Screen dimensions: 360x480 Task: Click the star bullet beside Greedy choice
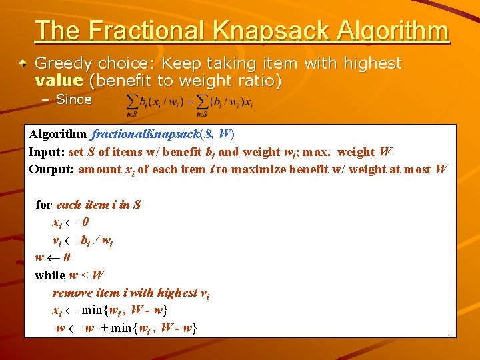point(23,64)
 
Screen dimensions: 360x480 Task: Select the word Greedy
point(63,64)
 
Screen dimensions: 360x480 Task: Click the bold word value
point(59,81)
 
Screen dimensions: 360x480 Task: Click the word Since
point(73,100)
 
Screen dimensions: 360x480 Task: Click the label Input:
point(47,152)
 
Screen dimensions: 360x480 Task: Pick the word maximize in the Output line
point(267,169)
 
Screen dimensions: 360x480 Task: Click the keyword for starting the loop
point(44,205)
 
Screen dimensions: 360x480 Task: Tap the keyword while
point(50,275)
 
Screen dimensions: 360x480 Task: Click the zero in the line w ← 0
point(67,257)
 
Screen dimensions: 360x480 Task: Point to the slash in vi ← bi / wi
point(97,240)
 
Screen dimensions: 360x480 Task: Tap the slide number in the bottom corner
point(449,335)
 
